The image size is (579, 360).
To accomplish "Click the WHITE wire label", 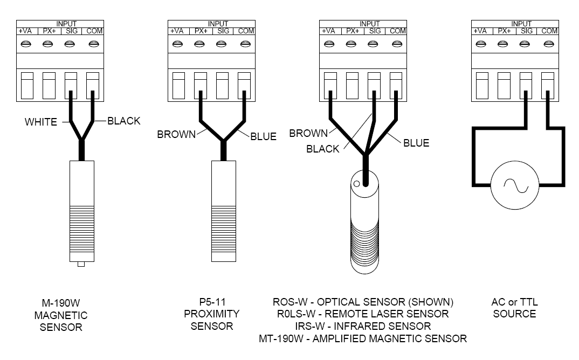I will tap(40, 122).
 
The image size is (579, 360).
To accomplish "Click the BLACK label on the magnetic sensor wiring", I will tap(124, 121).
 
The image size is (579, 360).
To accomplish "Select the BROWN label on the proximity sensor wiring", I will tap(176, 134).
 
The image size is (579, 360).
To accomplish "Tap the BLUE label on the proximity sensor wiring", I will tap(263, 136).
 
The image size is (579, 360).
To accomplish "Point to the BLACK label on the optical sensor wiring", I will tap(322, 149).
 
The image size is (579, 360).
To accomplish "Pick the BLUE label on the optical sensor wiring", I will tap(416, 143).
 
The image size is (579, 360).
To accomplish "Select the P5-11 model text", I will tap(211, 302).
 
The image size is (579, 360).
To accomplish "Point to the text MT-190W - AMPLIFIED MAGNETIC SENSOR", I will tap(363, 338).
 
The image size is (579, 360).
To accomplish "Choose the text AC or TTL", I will tap(514, 302).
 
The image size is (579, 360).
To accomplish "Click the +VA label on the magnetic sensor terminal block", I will tap(26, 31).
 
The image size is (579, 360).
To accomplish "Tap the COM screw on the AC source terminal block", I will tap(548, 44).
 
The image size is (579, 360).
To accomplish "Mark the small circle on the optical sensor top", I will tap(356, 184).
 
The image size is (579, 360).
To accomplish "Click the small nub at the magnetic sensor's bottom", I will tap(81, 265).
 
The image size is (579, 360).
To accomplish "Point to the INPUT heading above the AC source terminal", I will tap(521, 24).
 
